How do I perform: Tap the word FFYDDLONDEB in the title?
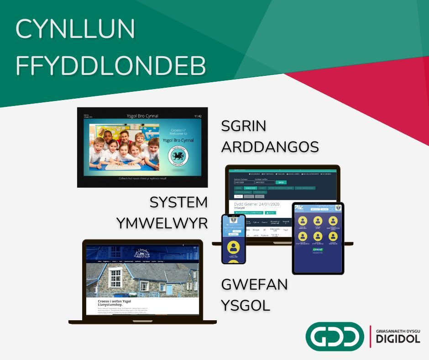111,66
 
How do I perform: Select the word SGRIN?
244,127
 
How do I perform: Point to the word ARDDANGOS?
270,147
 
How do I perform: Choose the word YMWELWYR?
162,222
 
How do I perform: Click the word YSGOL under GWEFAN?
246,305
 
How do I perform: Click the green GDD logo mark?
335,336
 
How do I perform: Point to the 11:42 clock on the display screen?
198,116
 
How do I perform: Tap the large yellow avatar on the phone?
234,247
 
